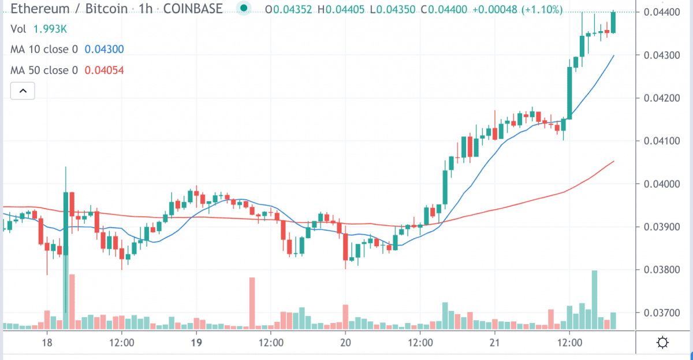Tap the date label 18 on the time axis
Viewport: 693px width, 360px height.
(47, 342)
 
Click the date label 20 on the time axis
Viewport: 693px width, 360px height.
(345, 342)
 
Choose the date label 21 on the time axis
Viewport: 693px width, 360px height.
(494, 342)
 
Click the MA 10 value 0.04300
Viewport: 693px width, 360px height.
(103, 50)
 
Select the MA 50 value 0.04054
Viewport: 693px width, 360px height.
(104, 70)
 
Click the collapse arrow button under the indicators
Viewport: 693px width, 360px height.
(23, 91)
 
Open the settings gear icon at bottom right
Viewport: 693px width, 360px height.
(663, 343)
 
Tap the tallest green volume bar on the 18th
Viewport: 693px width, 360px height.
(66, 289)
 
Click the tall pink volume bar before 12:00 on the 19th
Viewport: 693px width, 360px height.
(252, 303)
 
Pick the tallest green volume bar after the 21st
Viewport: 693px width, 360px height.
(594, 299)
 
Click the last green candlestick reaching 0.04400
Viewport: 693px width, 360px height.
(613, 22)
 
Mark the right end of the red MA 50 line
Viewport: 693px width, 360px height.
(613, 162)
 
